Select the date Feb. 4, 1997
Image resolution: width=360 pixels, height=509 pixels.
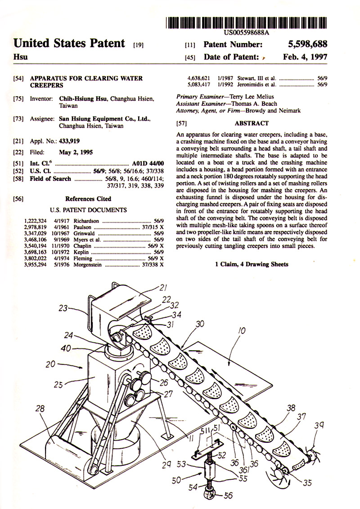pyautogui.click(x=306, y=57)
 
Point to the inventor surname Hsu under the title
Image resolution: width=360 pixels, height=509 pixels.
pyautogui.click(x=20, y=58)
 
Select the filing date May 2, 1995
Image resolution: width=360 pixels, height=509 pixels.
pyautogui.click(x=76, y=152)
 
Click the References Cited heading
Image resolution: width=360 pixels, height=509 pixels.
pyautogui.click(x=88, y=198)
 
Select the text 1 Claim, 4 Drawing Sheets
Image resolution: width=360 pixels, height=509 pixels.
pyautogui.click(x=252, y=264)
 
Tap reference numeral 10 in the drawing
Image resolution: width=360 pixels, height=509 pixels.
pyautogui.click(x=242, y=332)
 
